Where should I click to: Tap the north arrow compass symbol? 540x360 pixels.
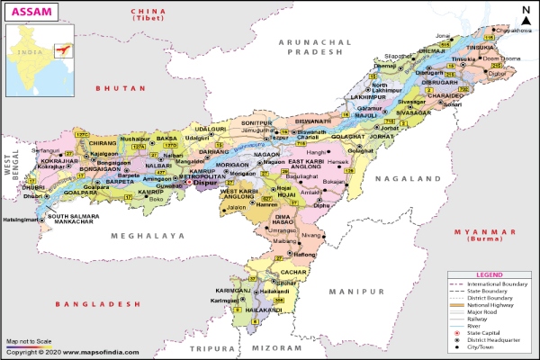click(x=525, y=12)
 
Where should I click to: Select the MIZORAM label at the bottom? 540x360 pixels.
click(x=274, y=346)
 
